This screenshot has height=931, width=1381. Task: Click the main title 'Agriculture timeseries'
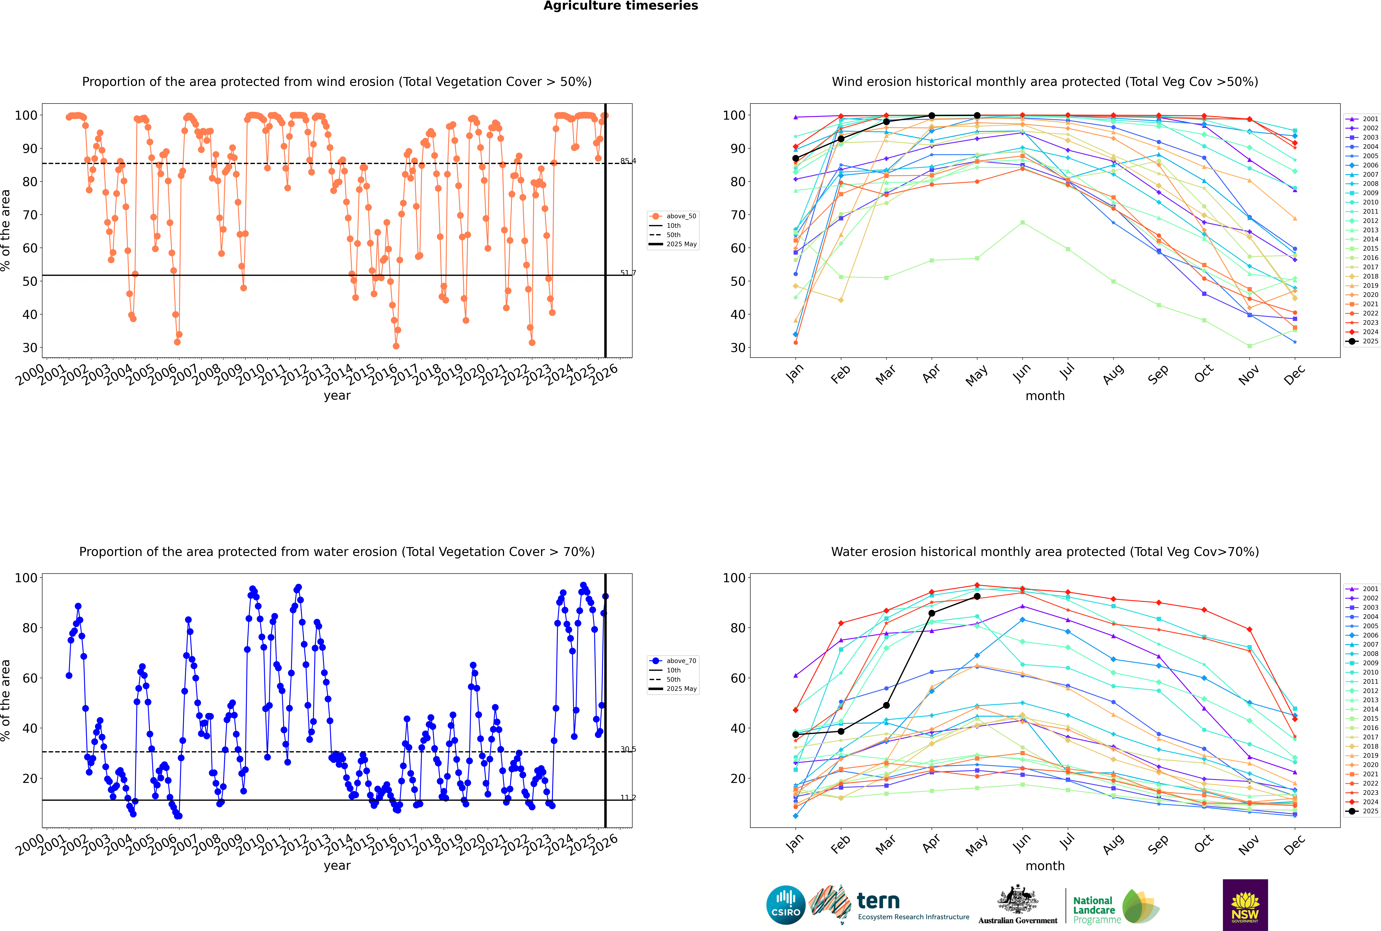pos(620,6)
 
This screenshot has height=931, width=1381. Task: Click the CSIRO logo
pos(785,905)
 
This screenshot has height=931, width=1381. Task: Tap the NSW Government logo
pos(1245,905)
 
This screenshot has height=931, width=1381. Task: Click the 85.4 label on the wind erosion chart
pos(628,161)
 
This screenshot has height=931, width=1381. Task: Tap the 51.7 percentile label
pos(628,273)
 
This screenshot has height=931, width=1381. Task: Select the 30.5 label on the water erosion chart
pos(628,749)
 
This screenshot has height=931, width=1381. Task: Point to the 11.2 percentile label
pos(628,797)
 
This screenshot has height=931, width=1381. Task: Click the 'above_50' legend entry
pos(673,216)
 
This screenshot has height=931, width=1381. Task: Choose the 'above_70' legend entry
pos(673,661)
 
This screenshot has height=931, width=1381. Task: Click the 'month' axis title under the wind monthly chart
pos(1045,396)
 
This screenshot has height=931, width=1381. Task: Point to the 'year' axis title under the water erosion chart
pos(337,866)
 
